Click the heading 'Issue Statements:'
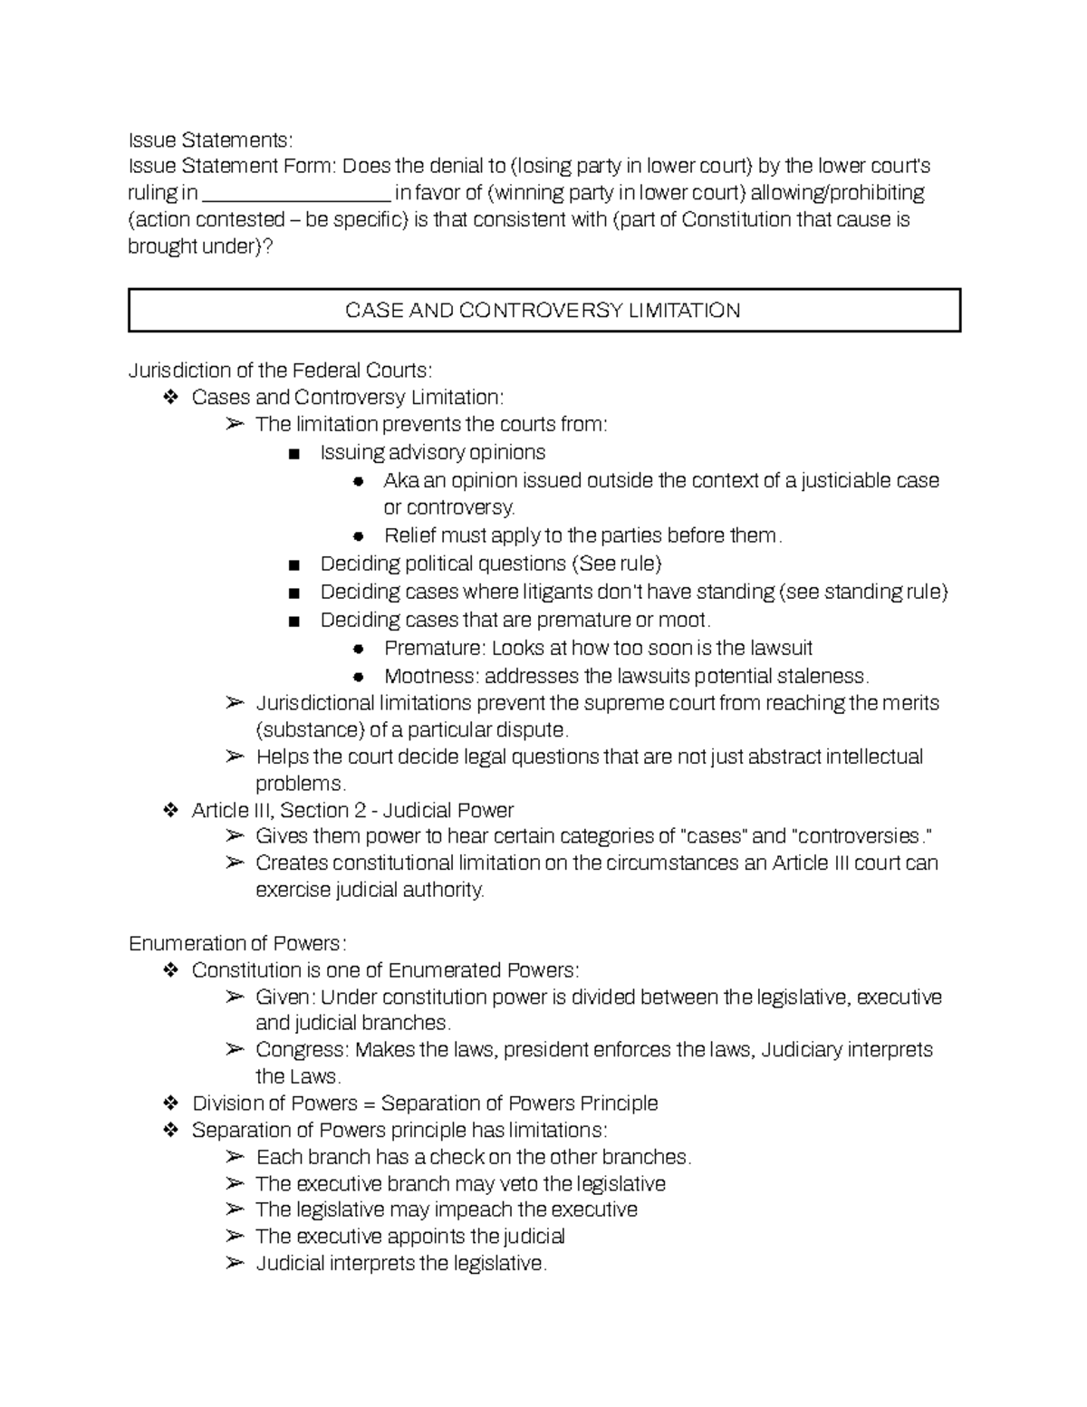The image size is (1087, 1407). click(x=210, y=140)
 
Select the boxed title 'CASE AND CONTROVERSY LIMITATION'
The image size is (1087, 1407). click(x=543, y=311)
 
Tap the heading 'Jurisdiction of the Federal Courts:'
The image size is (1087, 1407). click(x=280, y=370)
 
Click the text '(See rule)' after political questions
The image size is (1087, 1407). click(x=618, y=564)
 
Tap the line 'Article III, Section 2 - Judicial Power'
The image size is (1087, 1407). click(x=352, y=810)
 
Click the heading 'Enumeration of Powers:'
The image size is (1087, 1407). click(x=237, y=943)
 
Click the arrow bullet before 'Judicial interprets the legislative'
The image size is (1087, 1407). click(x=235, y=1263)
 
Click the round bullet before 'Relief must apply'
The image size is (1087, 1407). click(x=358, y=536)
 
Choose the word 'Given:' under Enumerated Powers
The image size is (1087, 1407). click(x=285, y=997)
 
